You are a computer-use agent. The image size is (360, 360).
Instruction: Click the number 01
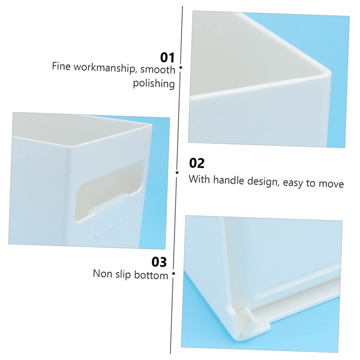tap(167, 57)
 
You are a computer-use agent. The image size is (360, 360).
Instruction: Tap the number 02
tap(196, 163)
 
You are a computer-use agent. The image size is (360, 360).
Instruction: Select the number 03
tap(159, 261)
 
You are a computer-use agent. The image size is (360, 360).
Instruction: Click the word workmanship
tap(103, 69)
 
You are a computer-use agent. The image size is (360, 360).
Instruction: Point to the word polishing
tap(153, 84)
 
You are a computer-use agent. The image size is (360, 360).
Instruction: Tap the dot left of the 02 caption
tap(178, 171)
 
